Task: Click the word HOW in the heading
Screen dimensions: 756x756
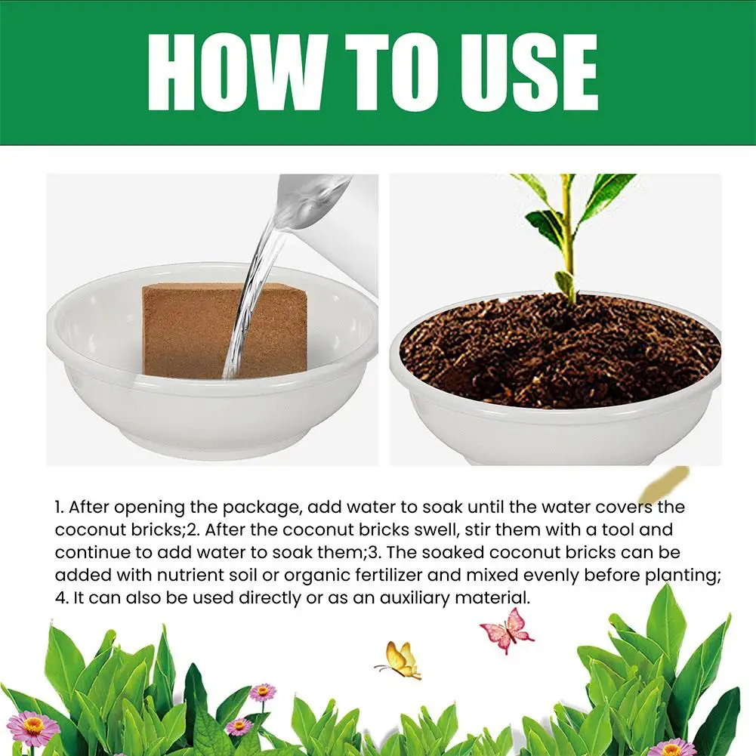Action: point(234,73)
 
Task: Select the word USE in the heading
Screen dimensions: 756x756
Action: point(529,73)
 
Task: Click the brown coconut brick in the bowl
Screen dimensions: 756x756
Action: point(224,330)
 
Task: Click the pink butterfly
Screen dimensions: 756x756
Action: point(506,630)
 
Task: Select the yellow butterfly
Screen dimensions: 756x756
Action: point(399,660)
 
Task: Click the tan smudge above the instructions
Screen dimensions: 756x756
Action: point(665,483)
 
